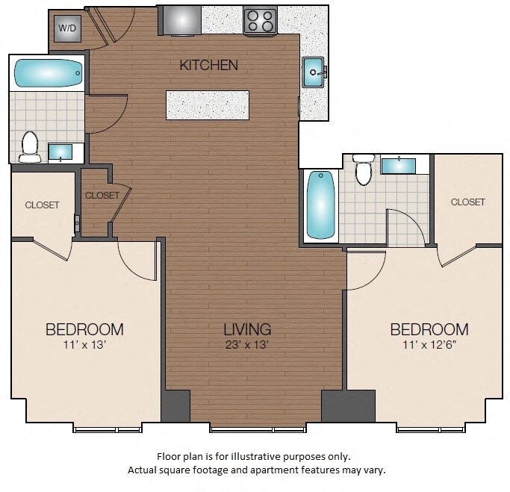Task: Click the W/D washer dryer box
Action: pyautogui.click(x=68, y=28)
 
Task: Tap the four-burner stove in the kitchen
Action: pyautogui.click(x=261, y=20)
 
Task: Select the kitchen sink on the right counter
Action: pyautogui.click(x=313, y=72)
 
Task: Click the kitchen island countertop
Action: pyautogui.click(x=208, y=105)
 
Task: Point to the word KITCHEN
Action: pyautogui.click(x=209, y=66)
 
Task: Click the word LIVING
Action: pyautogui.click(x=247, y=328)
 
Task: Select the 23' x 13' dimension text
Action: pyautogui.click(x=247, y=345)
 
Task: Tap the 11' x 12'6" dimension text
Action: pyautogui.click(x=429, y=345)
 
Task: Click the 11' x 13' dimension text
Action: pyautogui.click(x=84, y=345)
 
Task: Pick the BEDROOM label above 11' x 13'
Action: pyautogui.click(x=84, y=329)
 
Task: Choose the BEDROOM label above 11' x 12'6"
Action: pyautogui.click(x=429, y=329)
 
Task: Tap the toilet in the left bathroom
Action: pyautogui.click(x=30, y=146)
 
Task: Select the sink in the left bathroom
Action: pyautogui.click(x=60, y=152)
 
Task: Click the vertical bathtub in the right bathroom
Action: pyautogui.click(x=320, y=205)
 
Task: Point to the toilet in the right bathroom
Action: pyautogui.click(x=364, y=171)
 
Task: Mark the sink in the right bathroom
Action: pyautogui.click(x=399, y=164)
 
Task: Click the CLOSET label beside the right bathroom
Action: pyautogui.click(x=468, y=202)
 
